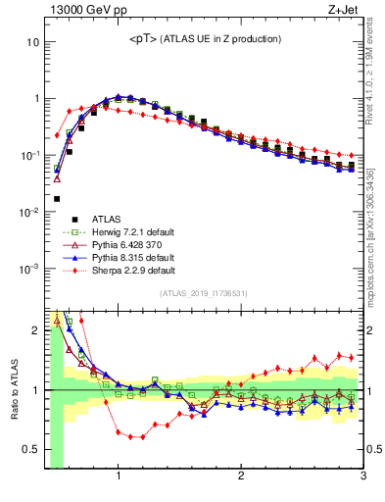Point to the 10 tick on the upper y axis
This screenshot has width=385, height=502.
click(x=31, y=42)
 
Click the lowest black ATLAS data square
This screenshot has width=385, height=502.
click(x=56, y=198)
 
